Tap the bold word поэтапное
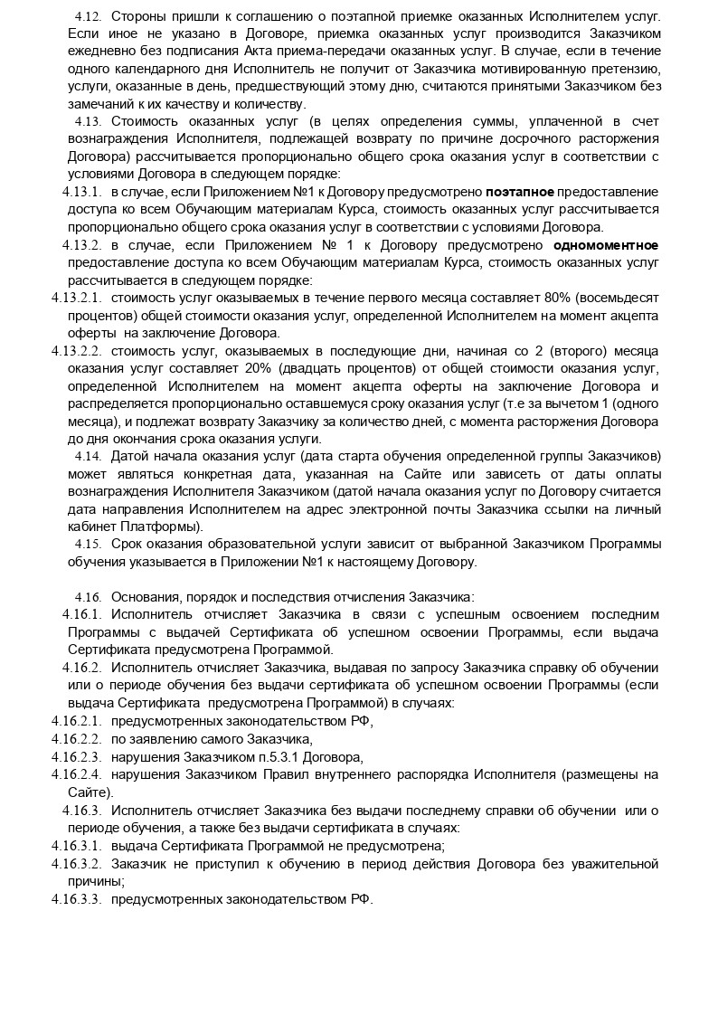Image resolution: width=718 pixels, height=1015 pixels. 519,193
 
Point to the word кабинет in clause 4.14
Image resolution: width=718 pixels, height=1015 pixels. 90,526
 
